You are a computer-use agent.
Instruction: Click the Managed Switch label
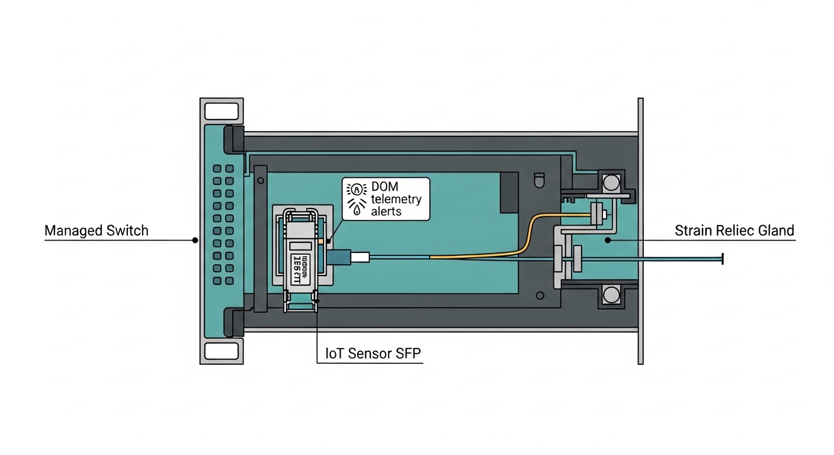[x=96, y=230]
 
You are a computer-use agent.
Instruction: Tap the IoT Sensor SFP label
[x=373, y=354]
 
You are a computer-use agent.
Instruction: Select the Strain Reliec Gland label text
[x=734, y=230]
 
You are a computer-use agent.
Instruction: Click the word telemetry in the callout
[x=396, y=199]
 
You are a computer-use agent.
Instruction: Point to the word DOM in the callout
[x=386, y=187]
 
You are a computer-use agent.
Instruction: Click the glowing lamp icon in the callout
[x=356, y=190]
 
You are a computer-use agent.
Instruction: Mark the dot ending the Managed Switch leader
[x=194, y=240]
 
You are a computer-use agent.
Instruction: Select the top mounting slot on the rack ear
[x=221, y=111]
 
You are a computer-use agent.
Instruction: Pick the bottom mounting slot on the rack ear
[x=221, y=350]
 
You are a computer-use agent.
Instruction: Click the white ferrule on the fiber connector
[x=361, y=257]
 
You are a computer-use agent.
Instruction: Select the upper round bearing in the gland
[x=611, y=182]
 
